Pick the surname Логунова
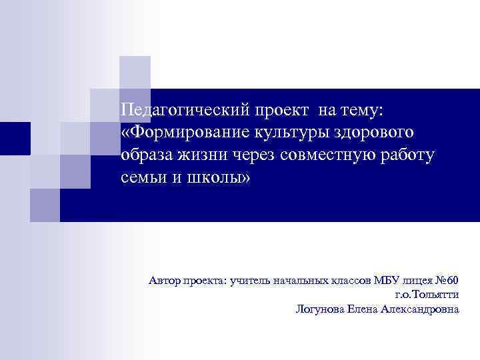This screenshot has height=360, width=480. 319,309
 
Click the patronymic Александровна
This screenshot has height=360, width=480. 421,309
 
